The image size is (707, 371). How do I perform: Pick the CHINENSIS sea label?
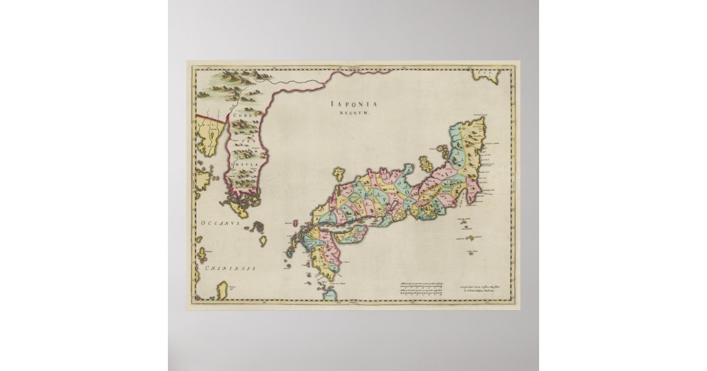[230, 268]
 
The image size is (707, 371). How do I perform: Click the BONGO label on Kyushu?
[321, 242]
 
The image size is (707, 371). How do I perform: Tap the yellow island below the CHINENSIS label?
[222, 289]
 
